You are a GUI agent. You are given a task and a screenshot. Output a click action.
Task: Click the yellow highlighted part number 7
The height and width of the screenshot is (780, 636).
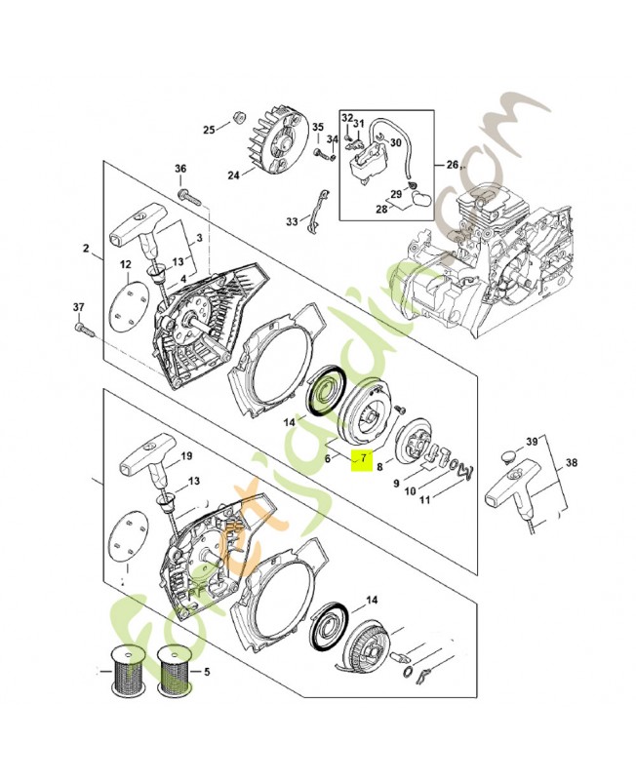(361, 458)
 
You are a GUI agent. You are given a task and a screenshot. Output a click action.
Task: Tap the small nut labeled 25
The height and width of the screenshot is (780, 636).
(235, 119)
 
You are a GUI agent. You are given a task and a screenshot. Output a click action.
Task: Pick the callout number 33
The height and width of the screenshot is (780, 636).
(292, 222)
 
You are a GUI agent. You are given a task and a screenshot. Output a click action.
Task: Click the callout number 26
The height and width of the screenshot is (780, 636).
(452, 164)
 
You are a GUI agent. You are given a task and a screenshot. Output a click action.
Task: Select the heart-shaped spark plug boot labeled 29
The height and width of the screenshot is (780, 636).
(422, 195)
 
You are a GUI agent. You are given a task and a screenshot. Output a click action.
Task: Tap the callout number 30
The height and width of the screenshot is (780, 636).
(396, 142)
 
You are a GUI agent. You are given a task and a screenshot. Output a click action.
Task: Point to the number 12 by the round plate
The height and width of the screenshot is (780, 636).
(125, 265)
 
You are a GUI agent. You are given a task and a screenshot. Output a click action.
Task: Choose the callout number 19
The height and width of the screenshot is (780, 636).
(187, 456)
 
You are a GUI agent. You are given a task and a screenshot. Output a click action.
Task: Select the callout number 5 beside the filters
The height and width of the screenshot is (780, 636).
(206, 672)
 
